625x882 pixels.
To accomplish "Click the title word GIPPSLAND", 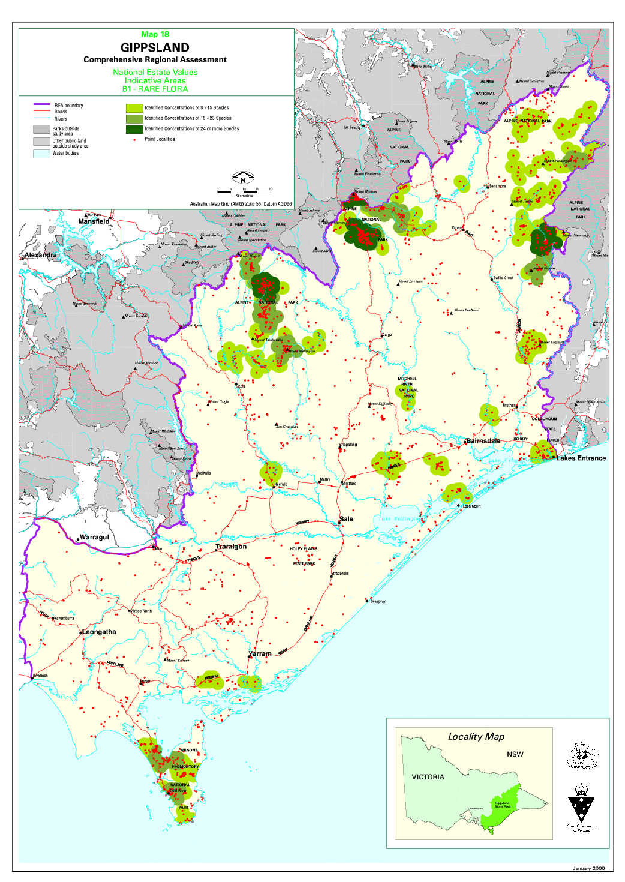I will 155,47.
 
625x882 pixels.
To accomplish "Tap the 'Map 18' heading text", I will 155,34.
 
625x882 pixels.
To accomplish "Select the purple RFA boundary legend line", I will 41,104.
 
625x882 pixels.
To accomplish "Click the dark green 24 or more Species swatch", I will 134,128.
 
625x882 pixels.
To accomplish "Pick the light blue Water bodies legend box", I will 41,154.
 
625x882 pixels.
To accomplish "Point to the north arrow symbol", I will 243,178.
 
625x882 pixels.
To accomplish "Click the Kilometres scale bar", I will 244,191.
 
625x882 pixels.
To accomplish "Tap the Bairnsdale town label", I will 483,440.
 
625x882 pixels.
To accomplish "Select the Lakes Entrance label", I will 581,458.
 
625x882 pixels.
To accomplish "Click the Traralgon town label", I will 232,547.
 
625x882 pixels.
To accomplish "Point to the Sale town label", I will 346,519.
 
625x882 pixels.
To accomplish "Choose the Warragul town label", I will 94,537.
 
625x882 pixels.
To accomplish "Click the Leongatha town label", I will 99,632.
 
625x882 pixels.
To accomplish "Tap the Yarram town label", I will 260,653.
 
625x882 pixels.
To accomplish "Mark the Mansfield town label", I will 94,221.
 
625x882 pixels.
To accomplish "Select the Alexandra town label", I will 41,255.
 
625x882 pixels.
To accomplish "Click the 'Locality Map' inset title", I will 476,736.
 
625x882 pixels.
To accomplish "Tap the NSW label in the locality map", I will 515,754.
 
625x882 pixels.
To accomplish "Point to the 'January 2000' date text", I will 588,868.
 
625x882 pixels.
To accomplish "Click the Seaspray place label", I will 378,601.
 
